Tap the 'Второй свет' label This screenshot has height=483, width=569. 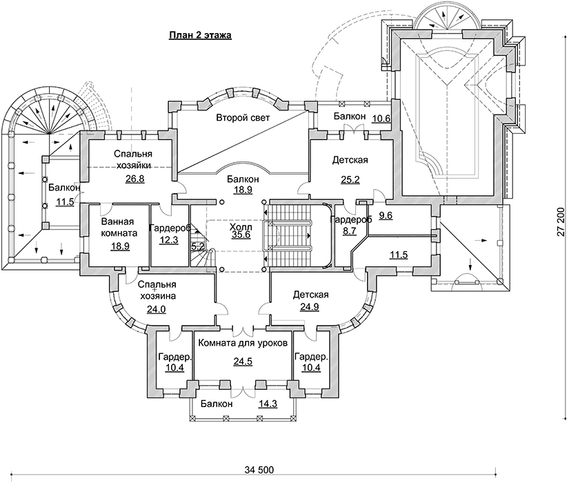pos(242,117)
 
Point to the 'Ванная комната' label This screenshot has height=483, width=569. pos(119,228)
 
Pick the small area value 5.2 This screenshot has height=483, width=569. pos(197,246)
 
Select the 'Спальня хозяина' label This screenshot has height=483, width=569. pos(157,290)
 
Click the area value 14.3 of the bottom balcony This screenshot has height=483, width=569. pos(266,405)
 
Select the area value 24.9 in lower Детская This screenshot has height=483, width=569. pos(310,309)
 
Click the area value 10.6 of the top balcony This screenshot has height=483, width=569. pos(381,119)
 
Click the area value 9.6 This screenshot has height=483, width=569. pos(385,215)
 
